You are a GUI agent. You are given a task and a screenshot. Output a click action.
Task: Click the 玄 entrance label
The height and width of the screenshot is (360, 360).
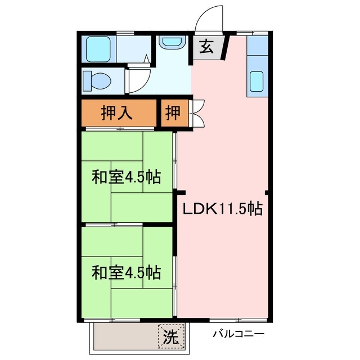click(206, 48)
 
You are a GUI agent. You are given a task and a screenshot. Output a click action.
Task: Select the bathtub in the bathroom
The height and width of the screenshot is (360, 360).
click(99, 49)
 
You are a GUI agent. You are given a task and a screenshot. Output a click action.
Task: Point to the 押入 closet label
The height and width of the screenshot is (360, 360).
click(116, 113)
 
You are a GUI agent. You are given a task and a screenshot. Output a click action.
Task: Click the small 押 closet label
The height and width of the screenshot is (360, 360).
click(173, 113)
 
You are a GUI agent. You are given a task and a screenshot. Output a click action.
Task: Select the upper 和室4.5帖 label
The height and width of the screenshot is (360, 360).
click(126, 178)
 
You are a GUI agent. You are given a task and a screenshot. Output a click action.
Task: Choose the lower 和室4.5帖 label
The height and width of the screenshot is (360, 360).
click(126, 273)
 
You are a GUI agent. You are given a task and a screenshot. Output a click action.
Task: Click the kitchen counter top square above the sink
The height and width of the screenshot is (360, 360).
click(257, 46)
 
